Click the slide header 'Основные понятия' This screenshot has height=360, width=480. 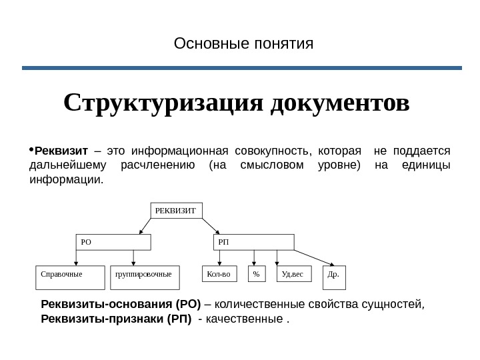click(243, 45)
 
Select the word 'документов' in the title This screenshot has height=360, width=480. click(341, 103)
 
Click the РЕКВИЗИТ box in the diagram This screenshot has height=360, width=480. click(177, 211)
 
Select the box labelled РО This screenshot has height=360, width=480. click(112, 242)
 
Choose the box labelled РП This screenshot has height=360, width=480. click(253, 242)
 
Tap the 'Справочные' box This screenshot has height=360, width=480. click(69, 278)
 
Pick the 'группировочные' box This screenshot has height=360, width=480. click(145, 278)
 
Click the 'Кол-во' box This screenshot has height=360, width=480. click(220, 275)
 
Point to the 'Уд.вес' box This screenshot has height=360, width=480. click(293, 275)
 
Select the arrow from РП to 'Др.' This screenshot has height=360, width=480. click(314, 257)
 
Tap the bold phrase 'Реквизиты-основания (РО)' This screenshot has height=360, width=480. click(121, 305)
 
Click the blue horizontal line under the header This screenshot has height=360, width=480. click(242, 68)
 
